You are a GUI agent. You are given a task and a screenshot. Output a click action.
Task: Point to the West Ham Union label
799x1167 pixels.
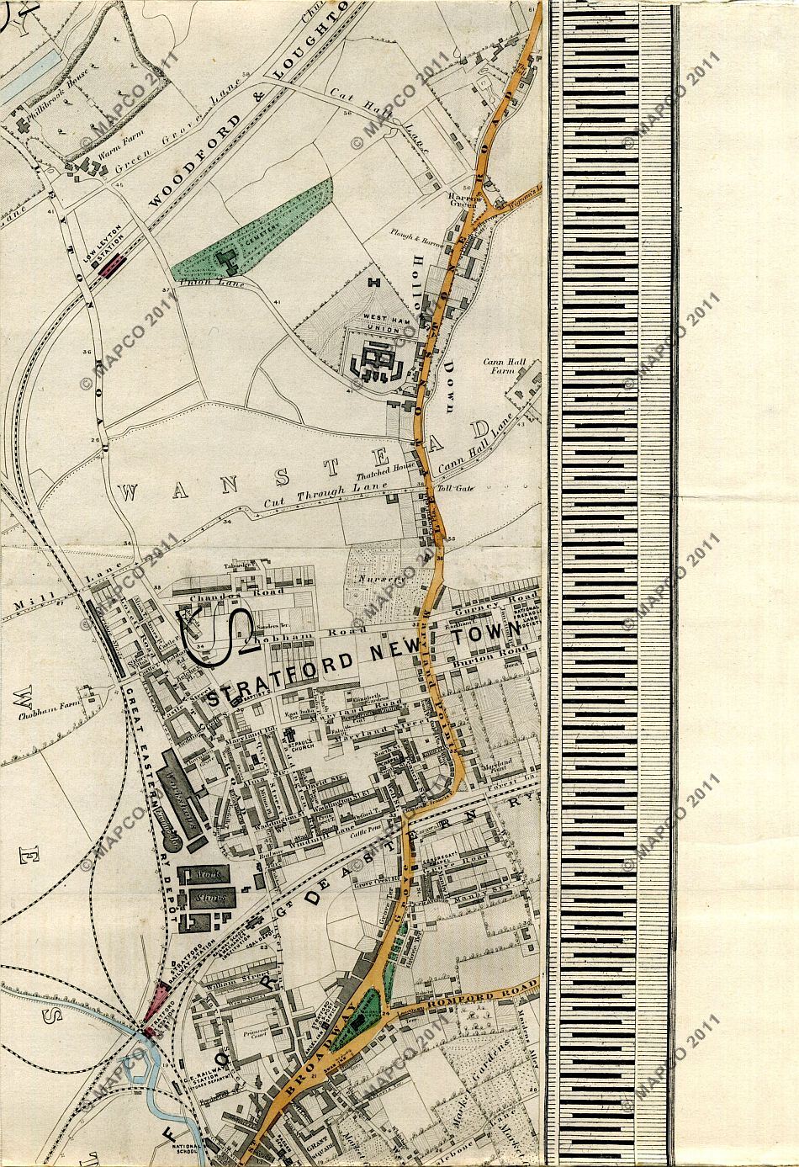pyautogui.click(x=379, y=322)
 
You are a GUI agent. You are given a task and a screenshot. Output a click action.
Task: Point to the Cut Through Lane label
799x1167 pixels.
pyautogui.click(x=324, y=495)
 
